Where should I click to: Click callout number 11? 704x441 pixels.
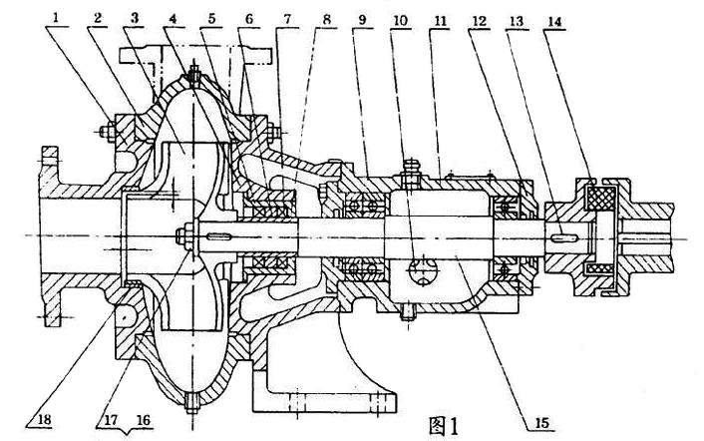pyautogui.click(x=438, y=17)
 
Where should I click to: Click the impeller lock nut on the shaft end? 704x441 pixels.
pyautogui.click(x=184, y=236)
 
